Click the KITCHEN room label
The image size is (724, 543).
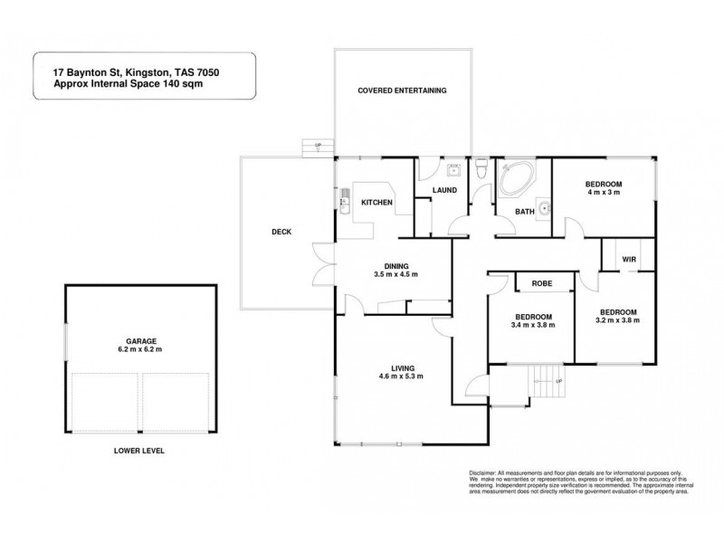[376, 203]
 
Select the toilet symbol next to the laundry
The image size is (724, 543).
[482, 169]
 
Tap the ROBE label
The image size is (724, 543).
[542, 283]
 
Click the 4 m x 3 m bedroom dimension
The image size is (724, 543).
[605, 193]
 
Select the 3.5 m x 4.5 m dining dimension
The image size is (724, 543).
[395, 274]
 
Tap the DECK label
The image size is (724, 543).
[281, 233]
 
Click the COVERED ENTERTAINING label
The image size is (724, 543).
[402, 91]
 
